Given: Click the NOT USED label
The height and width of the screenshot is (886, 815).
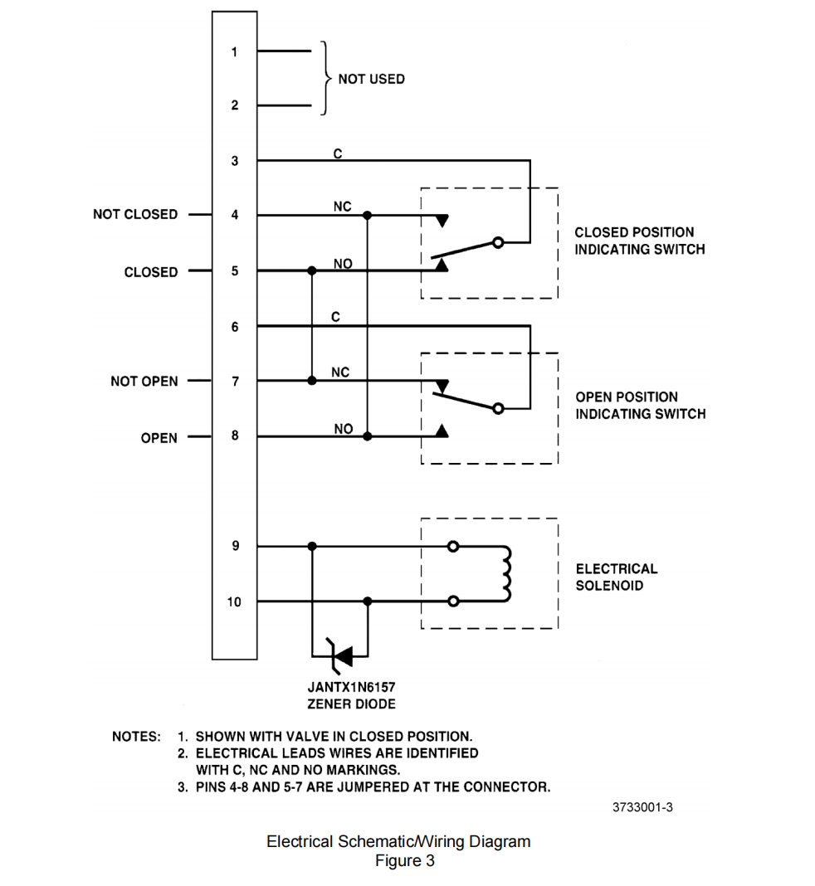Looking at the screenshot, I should (371, 79).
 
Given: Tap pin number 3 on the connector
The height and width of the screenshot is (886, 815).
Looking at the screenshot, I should (235, 161).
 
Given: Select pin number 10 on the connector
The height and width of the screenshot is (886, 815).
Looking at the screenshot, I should (234, 601).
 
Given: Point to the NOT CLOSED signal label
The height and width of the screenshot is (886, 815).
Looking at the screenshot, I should (135, 214).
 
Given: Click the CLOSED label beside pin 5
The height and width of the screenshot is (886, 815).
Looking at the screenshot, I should (151, 272).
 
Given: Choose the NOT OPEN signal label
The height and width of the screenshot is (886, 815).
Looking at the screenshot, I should (144, 382).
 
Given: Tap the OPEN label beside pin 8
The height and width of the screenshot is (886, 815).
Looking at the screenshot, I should (159, 438).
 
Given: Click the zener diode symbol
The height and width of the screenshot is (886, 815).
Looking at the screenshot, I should (339, 655).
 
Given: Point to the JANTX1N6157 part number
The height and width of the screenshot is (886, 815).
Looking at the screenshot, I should (352, 688).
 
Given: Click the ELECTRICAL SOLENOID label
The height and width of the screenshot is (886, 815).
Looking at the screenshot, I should (616, 577).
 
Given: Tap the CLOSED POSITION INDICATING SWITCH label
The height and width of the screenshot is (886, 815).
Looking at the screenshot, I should (639, 241).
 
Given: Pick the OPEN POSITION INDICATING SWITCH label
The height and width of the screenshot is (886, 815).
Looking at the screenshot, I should (640, 405).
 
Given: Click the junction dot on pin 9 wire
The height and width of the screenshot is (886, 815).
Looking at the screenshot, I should (312, 547).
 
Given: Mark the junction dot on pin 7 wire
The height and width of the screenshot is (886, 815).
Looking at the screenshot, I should (312, 381).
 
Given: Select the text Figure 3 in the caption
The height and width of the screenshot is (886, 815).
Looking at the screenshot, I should (404, 861).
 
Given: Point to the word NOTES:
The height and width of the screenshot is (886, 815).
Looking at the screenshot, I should (136, 737).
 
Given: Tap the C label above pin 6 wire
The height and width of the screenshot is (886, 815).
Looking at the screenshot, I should (335, 317).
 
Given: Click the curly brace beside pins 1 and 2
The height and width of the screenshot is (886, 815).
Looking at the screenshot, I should (325, 78).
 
